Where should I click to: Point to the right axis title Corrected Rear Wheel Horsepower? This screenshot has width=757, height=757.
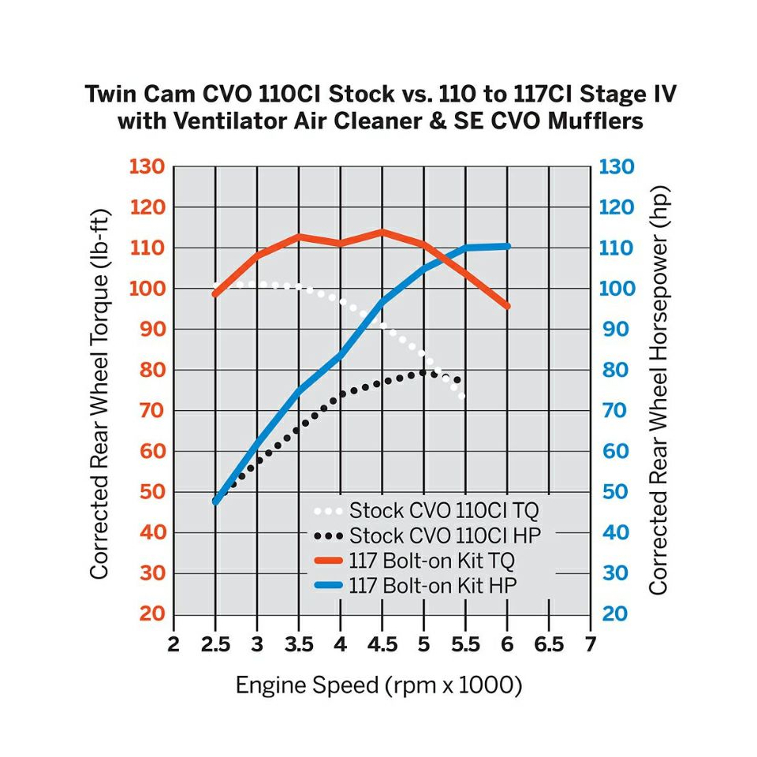(x=658, y=390)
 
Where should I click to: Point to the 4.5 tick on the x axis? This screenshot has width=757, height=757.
(x=382, y=644)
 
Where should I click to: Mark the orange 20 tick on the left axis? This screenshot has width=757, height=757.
(x=149, y=613)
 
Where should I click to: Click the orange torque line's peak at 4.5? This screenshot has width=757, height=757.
(x=382, y=232)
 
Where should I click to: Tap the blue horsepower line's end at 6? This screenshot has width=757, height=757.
(x=507, y=247)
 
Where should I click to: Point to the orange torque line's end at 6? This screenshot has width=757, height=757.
(x=507, y=306)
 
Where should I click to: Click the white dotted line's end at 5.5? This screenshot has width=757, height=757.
(x=463, y=396)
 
